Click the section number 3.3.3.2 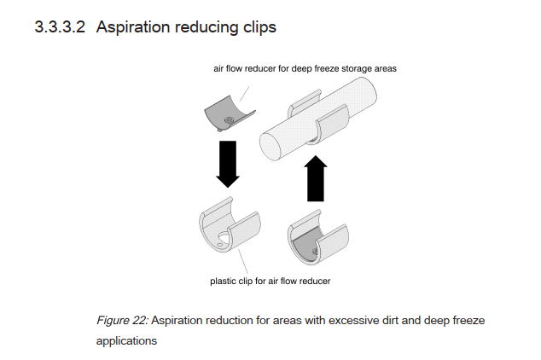click(60, 26)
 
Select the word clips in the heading click(256, 26)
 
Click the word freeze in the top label click(313, 67)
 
